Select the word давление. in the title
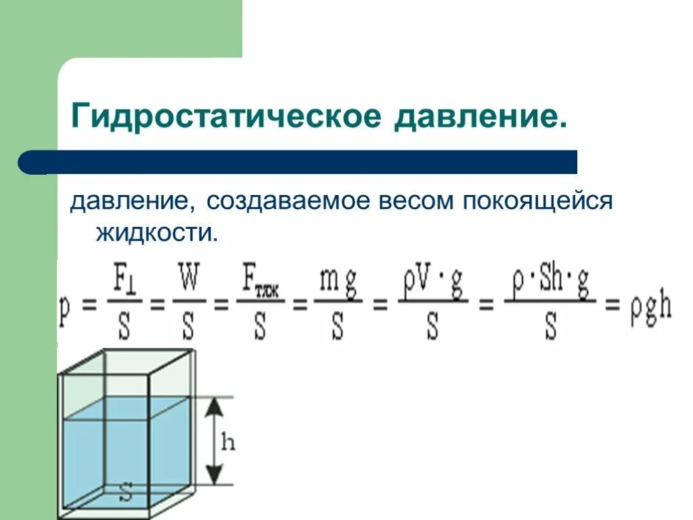[x=480, y=116]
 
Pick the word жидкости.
[x=157, y=233]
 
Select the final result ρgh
[x=650, y=308]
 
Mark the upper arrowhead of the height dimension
[x=214, y=406]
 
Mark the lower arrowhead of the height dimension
[x=214, y=477]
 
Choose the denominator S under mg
[x=338, y=328]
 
